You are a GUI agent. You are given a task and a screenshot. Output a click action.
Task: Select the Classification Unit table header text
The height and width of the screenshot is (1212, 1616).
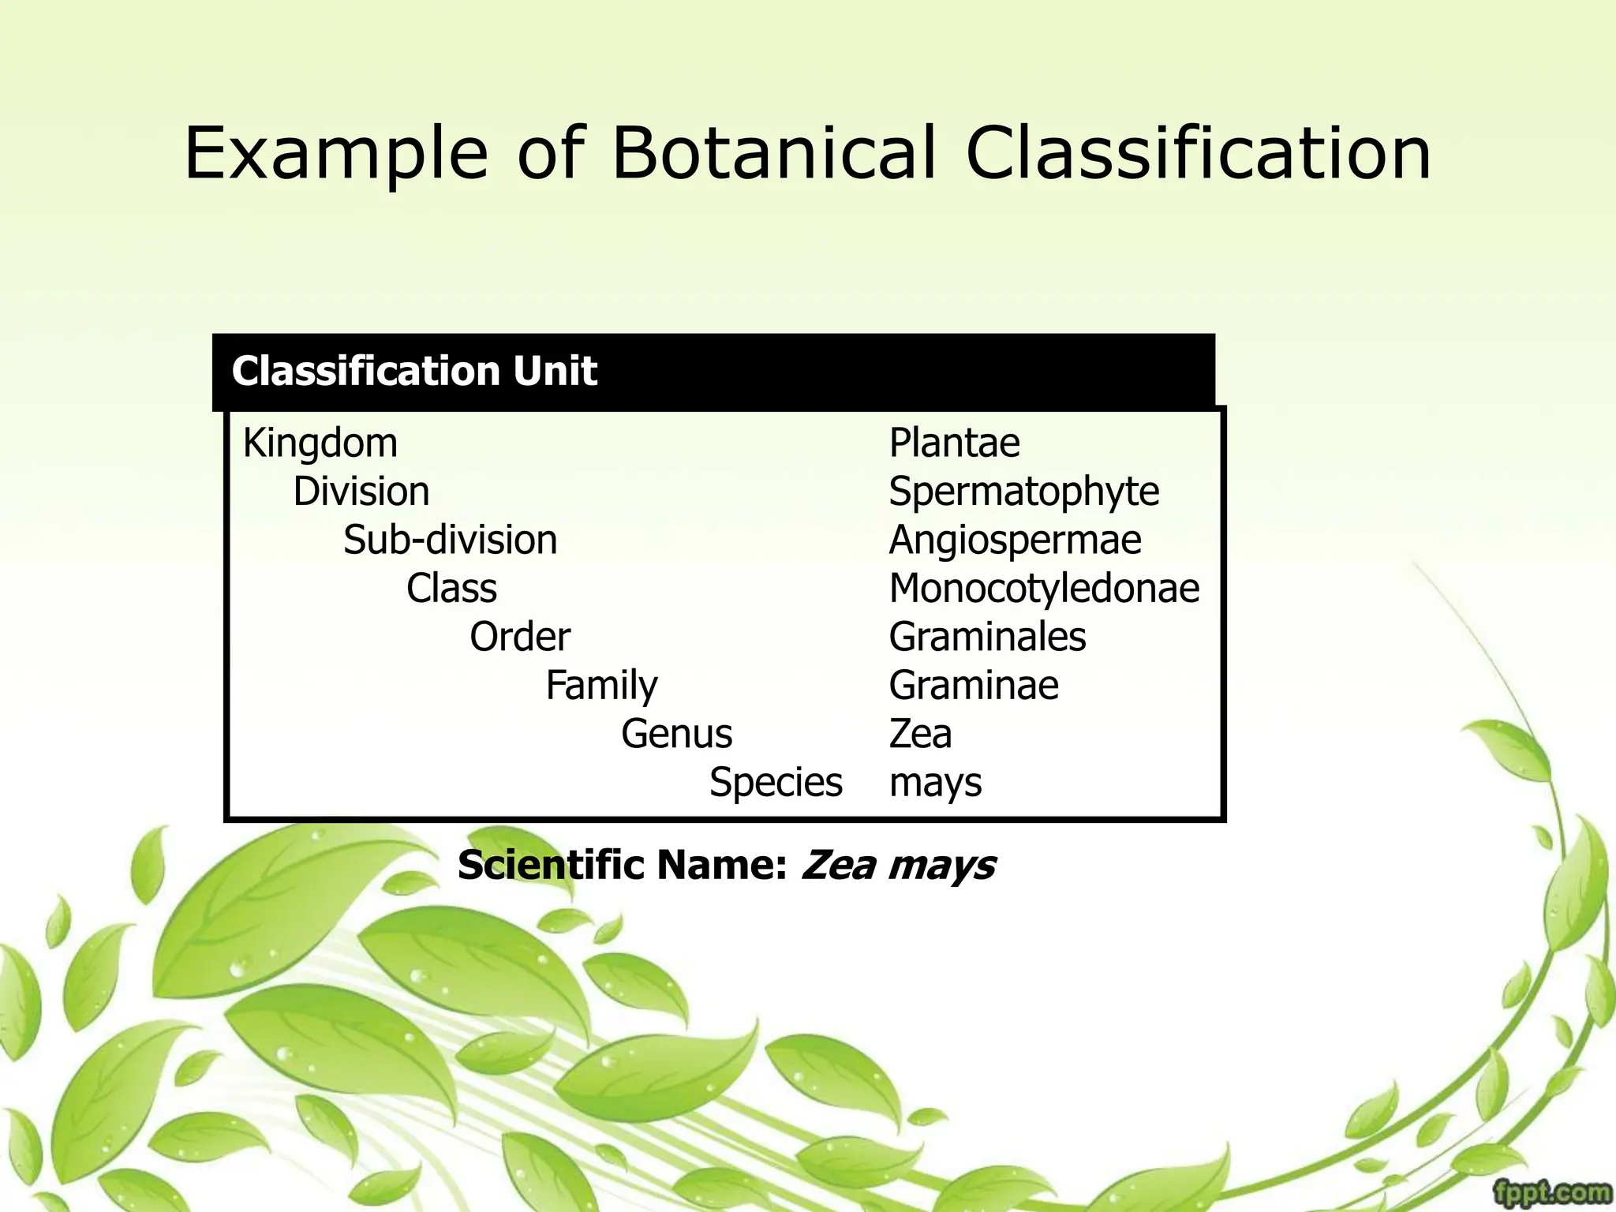click(414, 371)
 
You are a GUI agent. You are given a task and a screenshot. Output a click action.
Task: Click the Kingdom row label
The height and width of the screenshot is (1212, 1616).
click(320, 443)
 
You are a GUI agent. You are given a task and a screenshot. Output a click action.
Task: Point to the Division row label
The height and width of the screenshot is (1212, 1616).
click(361, 492)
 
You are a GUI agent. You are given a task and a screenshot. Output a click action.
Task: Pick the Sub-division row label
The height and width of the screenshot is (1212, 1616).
click(451, 541)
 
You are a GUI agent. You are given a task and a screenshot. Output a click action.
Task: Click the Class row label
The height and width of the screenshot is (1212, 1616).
click(451, 589)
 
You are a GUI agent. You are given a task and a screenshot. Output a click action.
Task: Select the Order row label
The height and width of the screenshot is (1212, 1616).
click(520, 637)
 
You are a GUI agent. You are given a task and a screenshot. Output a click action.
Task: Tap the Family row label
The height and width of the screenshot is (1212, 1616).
click(601, 685)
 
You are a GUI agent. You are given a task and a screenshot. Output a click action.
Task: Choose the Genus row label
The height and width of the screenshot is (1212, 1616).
click(677, 734)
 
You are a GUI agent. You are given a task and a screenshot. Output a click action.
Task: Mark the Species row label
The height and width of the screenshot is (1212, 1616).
click(776, 782)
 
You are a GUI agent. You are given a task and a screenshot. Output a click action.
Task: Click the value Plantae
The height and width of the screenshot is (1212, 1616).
click(955, 443)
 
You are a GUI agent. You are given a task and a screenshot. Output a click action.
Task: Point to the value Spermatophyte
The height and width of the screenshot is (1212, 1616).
click(1024, 492)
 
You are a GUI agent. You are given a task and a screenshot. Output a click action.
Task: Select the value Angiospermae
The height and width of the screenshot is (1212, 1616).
click(1016, 541)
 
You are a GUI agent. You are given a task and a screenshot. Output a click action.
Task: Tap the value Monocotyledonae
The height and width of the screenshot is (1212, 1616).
click(1045, 589)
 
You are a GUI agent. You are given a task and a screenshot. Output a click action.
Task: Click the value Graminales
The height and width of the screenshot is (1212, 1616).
click(988, 637)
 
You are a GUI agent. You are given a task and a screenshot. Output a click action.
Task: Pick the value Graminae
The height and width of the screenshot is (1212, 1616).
click(974, 685)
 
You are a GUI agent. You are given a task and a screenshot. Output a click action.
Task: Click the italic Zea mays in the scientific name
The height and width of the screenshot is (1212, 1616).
click(898, 865)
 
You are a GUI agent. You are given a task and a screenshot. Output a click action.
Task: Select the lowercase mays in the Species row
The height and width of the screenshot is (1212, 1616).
click(936, 784)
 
